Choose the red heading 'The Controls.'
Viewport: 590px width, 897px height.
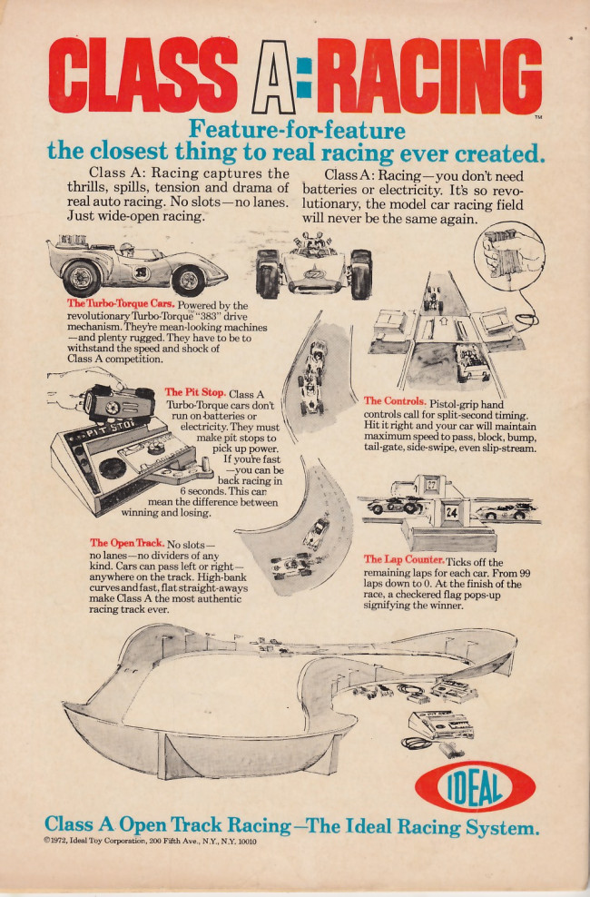pyautogui.click(x=395, y=400)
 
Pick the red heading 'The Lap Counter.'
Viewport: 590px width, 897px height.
pyautogui.click(x=403, y=559)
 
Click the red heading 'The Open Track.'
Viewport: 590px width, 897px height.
pyautogui.click(x=127, y=543)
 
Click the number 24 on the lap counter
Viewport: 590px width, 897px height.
pyautogui.click(x=452, y=511)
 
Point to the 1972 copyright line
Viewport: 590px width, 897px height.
pyautogui.click(x=150, y=842)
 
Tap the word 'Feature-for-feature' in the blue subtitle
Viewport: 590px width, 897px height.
pyautogui.click(x=296, y=130)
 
